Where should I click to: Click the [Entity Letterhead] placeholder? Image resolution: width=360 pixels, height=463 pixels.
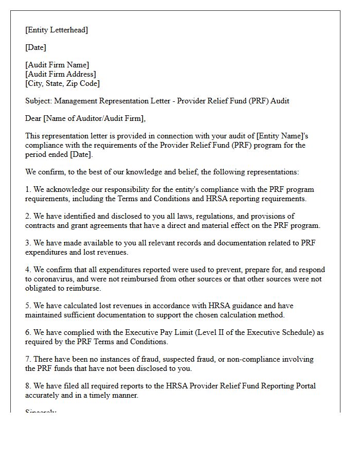pyautogui.click(x=57, y=30)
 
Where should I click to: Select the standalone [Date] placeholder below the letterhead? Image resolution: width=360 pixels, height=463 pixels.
pyautogui.click(x=35, y=47)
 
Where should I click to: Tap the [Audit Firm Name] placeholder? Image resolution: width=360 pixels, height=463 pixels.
pyautogui.click(x=57, y=65)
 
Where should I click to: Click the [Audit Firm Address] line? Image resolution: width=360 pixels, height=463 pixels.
pyautogui.click(x=60, y=74)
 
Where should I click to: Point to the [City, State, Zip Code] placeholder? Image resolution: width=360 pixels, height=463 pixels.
pyautogui.click(x=62, y=83)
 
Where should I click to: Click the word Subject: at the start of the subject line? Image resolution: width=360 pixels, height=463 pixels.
pyautogui.click(x=39, y=101)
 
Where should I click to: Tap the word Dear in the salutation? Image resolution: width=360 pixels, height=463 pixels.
pyautogui.click(x=33, y=118)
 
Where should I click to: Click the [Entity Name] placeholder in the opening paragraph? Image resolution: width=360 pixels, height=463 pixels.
pyautogui.click(x=283, y=136)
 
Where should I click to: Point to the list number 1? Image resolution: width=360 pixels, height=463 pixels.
pyautogui.click(x=28, y=189)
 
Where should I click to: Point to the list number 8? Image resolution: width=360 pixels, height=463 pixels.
pyautogui.click(x=28, y=386)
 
